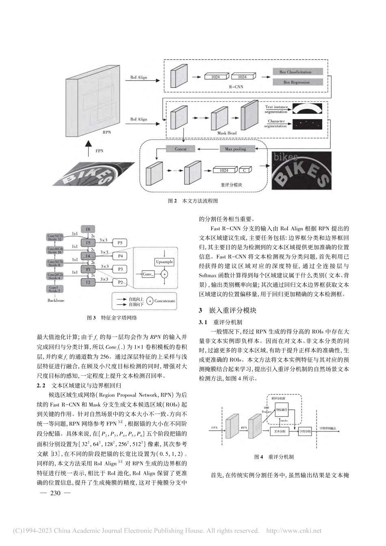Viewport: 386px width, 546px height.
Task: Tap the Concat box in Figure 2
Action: pyautogui.click(x=180, y=149)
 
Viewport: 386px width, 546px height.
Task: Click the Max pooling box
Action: pyautogui.click(x=235, y=149)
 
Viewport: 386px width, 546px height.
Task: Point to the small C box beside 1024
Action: pyautogui.click(x=245, y=171)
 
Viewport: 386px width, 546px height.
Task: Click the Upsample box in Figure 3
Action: pyautogui.click(x=164, y=262)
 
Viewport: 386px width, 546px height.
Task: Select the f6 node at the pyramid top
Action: pyautogui.click(x=88, y=229)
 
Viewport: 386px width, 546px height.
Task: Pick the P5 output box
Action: pyautogui.click(x=120, y=243)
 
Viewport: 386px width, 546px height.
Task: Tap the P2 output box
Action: pyautogui.click(x=120, y=282)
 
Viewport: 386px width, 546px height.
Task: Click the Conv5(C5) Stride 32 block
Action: pyautogui.click(x=55, y=237)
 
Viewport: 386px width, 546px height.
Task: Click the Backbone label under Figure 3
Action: pyautogui.click(x=55, y=301)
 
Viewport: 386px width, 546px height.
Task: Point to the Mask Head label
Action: pyautogui.click(x=227, y=133)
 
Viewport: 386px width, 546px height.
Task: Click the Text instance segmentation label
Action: pyautogui.click(x=276, y=109)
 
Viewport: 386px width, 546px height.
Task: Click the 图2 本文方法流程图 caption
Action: pyautogui.click(x=193, y=201)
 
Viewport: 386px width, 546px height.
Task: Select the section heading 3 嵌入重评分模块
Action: pyautogui.click(x=228, y=310)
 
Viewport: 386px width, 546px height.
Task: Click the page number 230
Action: pyautogui.click(x=54, y=493)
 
